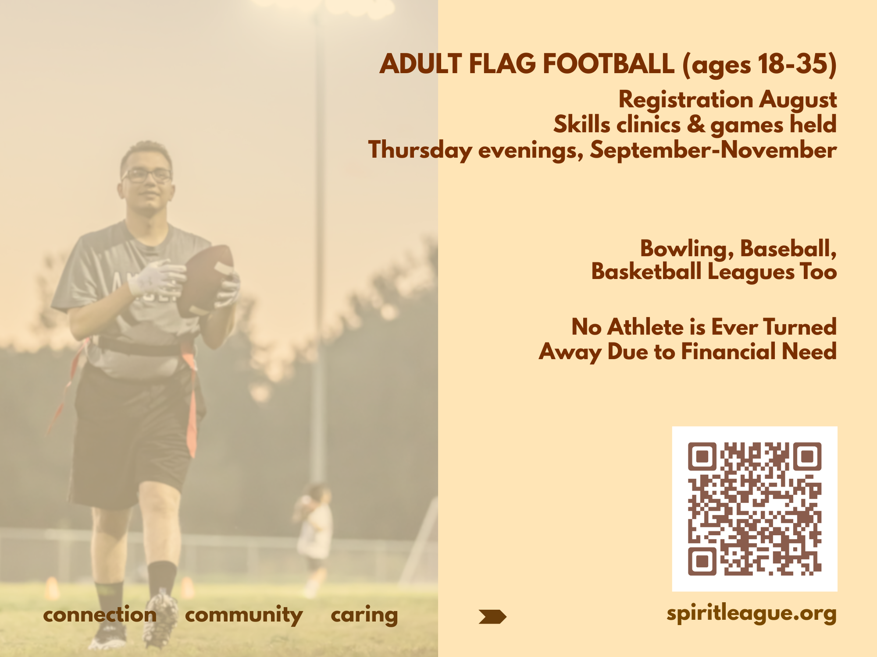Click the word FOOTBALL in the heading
(x=608, y=64)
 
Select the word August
(x=798, y=100)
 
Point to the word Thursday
(x=420, y=150)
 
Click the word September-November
(x=713, y=150)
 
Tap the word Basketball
(x=646, y=272)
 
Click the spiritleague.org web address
(x=751, y=613)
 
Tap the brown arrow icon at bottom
(x=492, y=617)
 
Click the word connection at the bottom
(x=100, y=615)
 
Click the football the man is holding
(x=206, y=280)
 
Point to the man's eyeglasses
(x=147, y=175)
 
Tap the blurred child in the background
(x=315, y=526)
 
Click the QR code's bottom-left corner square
(x=702, y=561)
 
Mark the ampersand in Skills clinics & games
(x=696, y=124)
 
